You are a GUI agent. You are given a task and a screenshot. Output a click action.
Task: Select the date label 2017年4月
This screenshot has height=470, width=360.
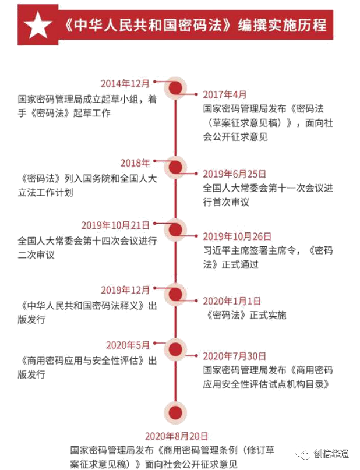(x=224, y=94)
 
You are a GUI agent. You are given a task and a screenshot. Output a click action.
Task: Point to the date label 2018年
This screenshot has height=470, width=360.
(x=135, y=161)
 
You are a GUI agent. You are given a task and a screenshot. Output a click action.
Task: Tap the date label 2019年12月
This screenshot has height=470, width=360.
(x=126, y=289)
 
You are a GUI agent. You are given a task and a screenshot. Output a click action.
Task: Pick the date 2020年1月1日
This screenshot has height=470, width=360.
(x=232, y=301)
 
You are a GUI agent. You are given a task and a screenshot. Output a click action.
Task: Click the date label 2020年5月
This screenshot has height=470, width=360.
(x=128, y=345)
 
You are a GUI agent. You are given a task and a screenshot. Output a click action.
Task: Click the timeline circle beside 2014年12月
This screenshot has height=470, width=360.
(x=174, y=88)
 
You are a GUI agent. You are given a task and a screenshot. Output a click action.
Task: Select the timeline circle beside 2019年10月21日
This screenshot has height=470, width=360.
(x=174, y=229)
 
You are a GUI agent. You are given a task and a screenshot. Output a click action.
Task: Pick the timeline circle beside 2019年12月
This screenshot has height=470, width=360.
(x=174, y=294)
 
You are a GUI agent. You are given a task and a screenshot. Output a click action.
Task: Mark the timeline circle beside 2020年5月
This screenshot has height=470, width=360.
(x=174, y=349)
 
